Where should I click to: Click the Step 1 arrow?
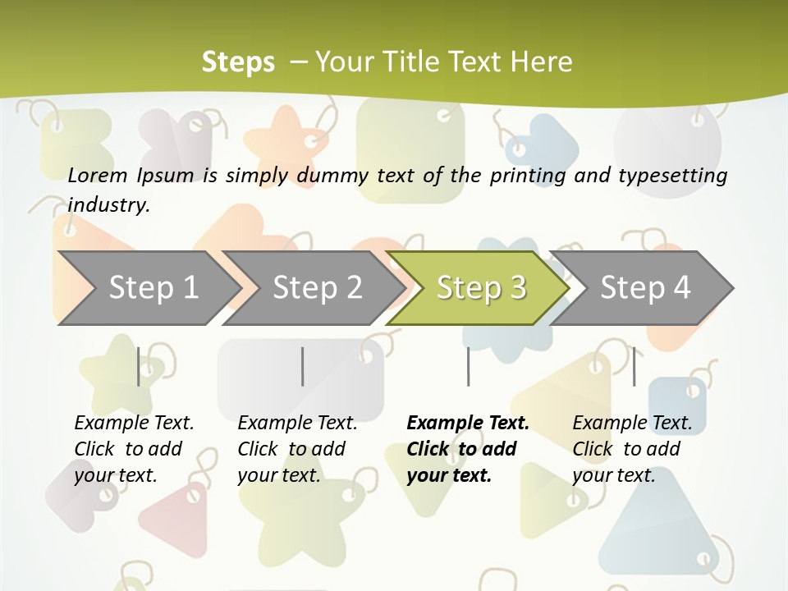click(x=148, y=288)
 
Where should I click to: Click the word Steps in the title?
click(x=238, y=62)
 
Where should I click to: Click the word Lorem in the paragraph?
click(x=98, y=176)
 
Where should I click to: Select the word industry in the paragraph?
click(x=108, y=205)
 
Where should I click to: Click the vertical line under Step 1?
click(x=138, y=366)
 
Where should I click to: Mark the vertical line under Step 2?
click(x=302, y=366)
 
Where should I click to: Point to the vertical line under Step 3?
click(x=468, y=366)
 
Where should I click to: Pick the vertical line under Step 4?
click(x=634, y=366)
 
